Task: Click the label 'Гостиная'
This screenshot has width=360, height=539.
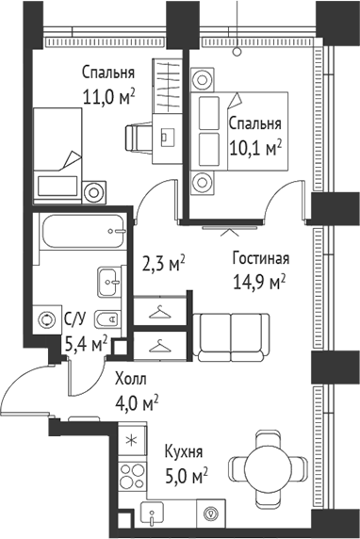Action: point(260,258)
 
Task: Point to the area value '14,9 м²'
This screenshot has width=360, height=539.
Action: point(259,280)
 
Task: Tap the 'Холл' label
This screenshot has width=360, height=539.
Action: point(131,380)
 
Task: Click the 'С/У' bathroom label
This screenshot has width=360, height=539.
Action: point(75,318)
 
